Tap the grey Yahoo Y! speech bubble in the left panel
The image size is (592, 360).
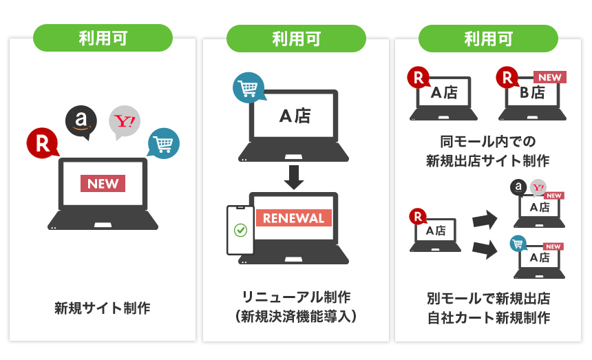124,122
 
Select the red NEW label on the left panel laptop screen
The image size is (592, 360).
103,184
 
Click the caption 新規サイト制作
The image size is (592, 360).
103,308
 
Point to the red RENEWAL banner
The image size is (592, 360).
293,218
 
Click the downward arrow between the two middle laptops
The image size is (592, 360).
293,177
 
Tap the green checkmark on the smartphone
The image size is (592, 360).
240,230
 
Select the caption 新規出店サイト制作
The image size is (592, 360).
487,162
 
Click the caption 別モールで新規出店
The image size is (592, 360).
487,299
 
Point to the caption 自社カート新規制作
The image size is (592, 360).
487,318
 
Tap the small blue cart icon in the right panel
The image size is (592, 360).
518,243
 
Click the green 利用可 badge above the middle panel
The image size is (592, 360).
295,38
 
